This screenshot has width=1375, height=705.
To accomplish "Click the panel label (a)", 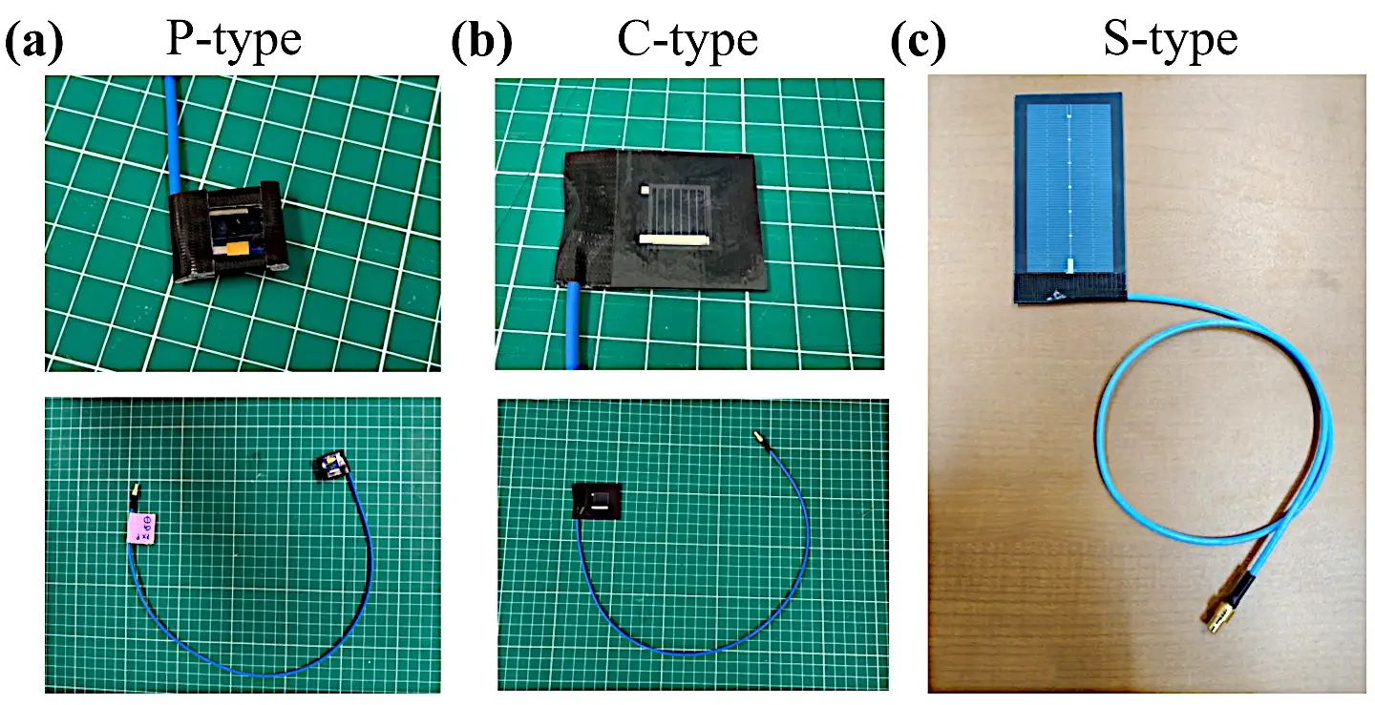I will point(35,42).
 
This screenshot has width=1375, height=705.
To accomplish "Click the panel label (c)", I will point(919,42).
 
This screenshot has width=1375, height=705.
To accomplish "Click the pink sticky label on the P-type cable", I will point(145,527).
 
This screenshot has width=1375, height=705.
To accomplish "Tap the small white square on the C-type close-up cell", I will point(645,191).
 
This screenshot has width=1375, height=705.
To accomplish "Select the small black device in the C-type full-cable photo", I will point(595,500).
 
